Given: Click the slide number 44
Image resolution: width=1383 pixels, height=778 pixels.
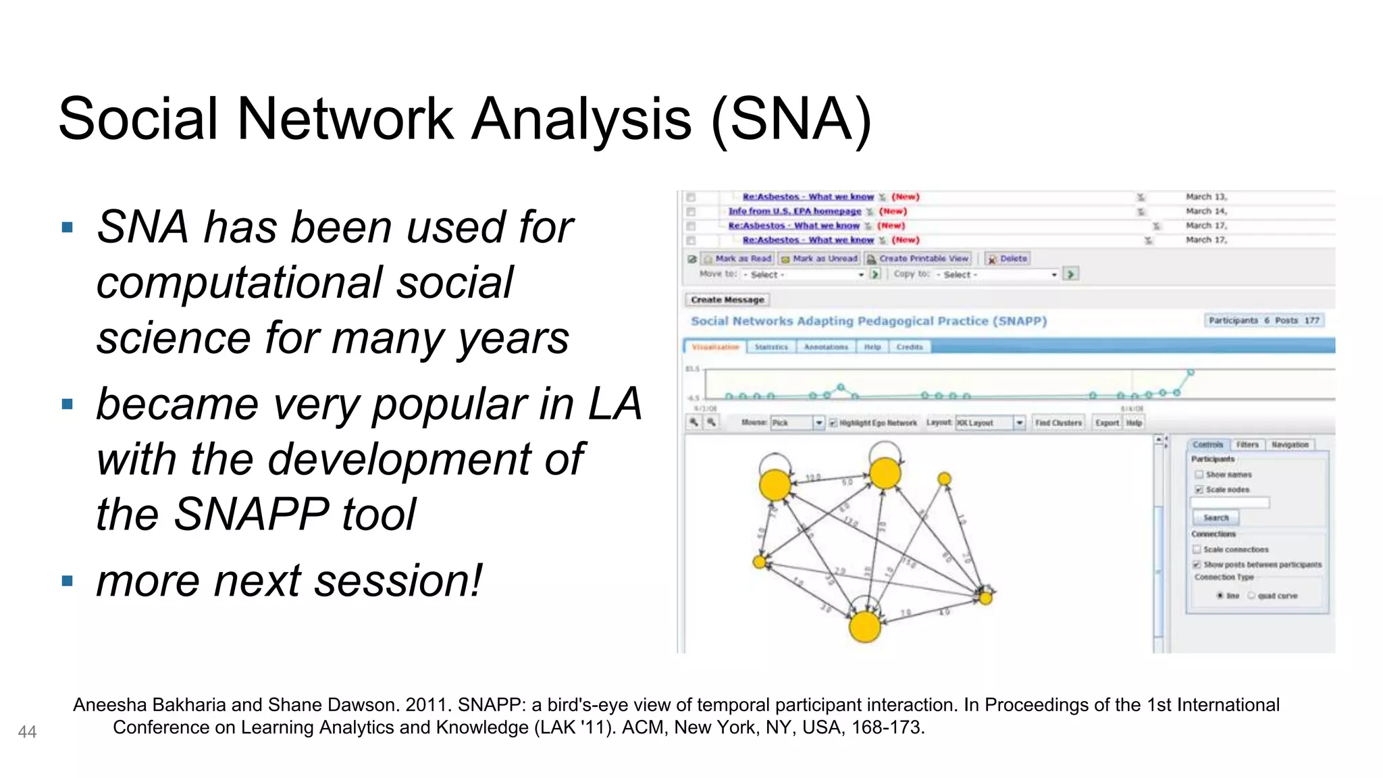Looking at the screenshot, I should click(27, 732).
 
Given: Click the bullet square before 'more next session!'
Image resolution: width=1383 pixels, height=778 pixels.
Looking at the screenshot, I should click(67, 581).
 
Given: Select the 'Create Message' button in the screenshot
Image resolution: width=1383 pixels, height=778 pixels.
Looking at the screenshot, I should click(727, 300).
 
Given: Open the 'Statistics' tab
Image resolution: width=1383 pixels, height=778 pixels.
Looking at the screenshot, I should click(771, 347).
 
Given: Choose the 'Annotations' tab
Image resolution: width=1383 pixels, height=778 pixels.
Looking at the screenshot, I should click(826, 347).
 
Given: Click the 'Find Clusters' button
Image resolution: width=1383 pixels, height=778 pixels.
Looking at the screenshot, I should click(1058, 423).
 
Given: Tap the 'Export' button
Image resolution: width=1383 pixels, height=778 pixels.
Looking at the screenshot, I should click(1107, 423).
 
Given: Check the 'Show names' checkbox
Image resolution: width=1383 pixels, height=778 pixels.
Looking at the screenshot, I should click(1199, 475).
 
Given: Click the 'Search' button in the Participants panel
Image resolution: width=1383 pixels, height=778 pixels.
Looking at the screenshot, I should click(1216, 518).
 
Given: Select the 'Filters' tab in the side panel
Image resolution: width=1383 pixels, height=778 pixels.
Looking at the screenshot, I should click(1247, 444).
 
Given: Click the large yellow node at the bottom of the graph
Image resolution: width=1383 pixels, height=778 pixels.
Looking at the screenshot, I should click(864, 626).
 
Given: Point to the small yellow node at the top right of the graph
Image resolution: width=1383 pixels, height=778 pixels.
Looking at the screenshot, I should click(944, 479).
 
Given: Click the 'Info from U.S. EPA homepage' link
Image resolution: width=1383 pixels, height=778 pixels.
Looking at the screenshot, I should click(794, 211).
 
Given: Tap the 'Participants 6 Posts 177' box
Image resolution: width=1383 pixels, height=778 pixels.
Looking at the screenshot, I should click(1263, 320).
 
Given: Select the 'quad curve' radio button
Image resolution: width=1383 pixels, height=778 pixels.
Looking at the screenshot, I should click(1251, 596).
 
